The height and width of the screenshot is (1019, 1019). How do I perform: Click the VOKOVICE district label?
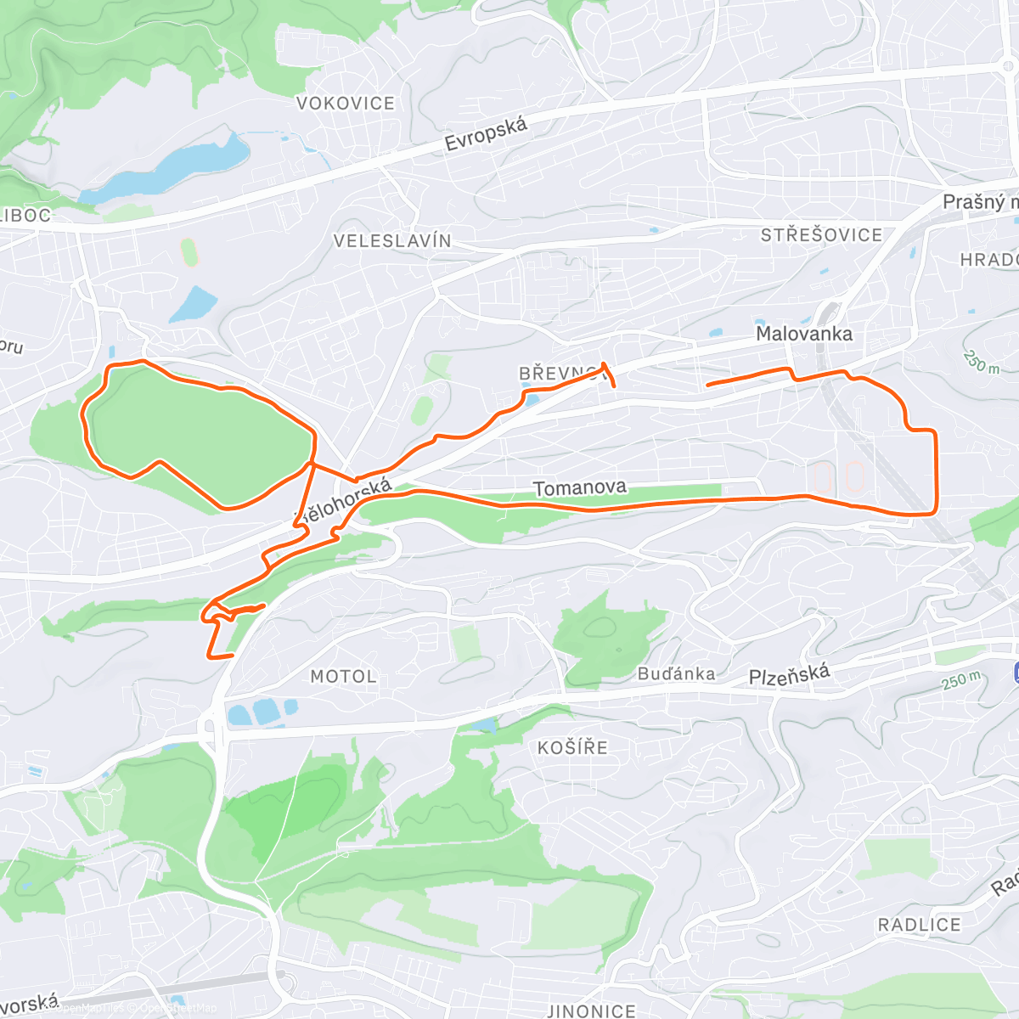tap(346, 104)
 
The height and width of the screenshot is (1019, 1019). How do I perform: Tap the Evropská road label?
tap(486, 134)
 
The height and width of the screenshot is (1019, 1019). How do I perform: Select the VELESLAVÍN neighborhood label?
tap(392, 241)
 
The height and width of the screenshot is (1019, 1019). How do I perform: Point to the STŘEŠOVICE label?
tap(821, 235)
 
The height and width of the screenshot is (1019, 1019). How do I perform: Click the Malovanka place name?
tap(804, 334)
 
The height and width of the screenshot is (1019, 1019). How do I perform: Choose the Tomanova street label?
tap(580, 487)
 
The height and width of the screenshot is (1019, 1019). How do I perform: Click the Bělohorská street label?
tap(345, 500)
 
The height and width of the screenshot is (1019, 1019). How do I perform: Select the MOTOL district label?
tap(343, 677)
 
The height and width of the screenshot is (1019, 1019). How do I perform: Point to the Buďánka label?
tap(677, 674)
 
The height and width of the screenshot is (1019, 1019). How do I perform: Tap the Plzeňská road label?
tap(789, 676)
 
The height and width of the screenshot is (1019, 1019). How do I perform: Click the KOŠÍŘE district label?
tap(572, 748)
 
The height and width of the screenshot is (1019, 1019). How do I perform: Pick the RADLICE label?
tap(919, 925)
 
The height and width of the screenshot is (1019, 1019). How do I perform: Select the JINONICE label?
tap(591, 1011)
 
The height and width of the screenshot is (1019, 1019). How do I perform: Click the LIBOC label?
tap(25, 216)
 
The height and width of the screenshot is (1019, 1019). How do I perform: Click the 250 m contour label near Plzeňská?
tap(961, 680)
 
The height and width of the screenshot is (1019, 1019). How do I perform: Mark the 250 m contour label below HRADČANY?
tap(982, 363)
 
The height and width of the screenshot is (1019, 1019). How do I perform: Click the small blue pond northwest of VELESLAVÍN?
tap(194, 305)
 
